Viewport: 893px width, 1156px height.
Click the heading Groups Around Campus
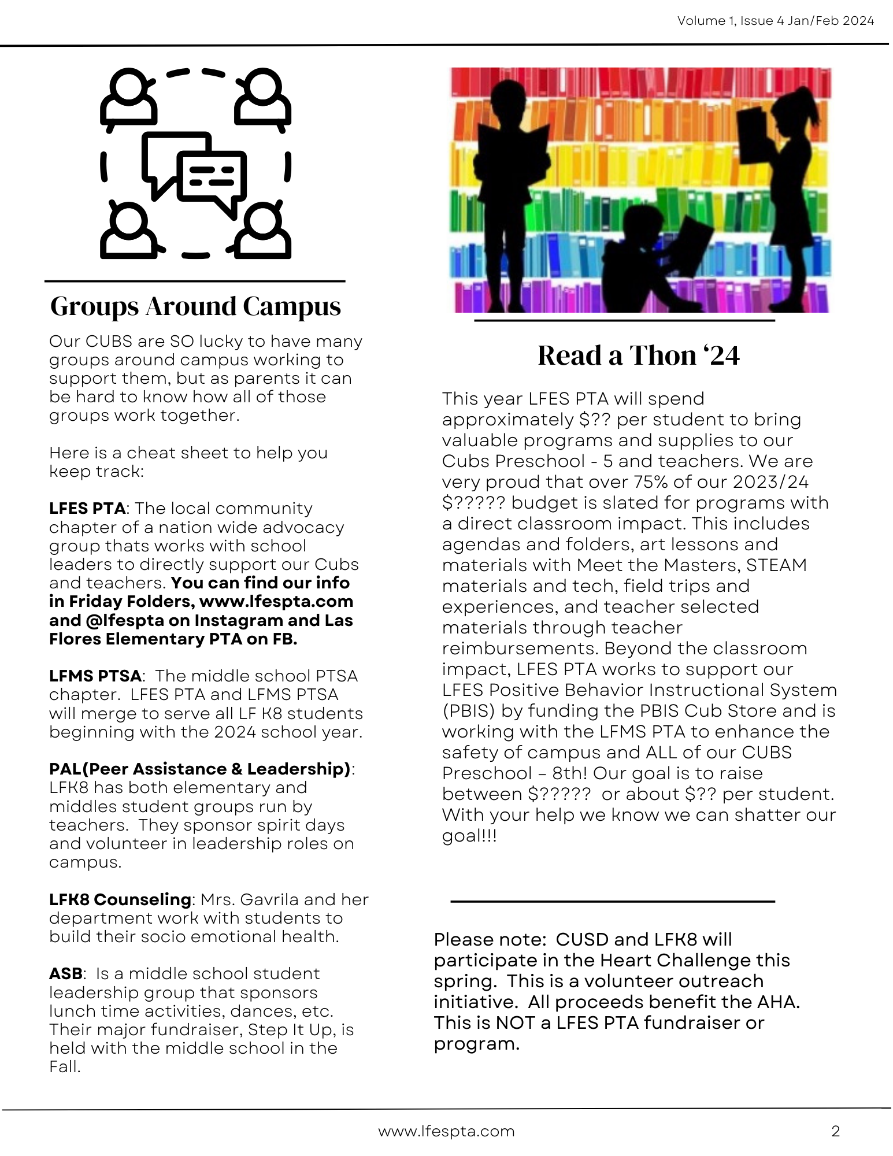(x=195, y=306)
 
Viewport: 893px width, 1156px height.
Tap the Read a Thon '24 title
(x=638, y=355)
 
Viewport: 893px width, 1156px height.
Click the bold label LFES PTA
(x=87, y=509)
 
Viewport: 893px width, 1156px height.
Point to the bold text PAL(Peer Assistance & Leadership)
(x=200, y=769)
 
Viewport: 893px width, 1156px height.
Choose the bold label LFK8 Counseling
(x=120, y=900)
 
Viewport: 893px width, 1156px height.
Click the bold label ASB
(x=66, y=974)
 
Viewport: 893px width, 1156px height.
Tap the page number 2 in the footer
(x=835, y=1131)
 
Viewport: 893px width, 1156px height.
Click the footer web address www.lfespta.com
(x=446, y=1131)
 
